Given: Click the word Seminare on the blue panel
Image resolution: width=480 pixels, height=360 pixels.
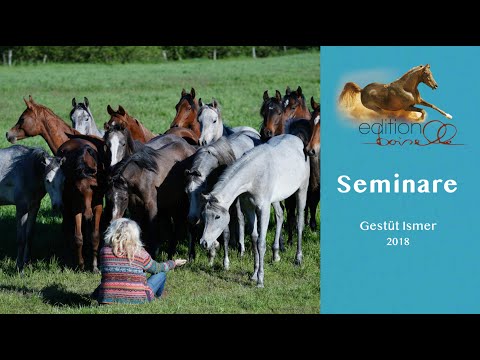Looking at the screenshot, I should pyautogui.click(x=397, y=184).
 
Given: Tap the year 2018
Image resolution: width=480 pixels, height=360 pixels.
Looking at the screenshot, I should pyautogui.click(x=398, y=241).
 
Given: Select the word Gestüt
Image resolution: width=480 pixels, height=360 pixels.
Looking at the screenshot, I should pyautogui.click(x=379, y=226).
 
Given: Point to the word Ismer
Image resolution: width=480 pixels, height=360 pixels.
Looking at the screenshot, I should pyautogui.click(x=419, y=226).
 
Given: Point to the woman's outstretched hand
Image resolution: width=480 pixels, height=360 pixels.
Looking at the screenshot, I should pyautogui.click(x=179, y=263).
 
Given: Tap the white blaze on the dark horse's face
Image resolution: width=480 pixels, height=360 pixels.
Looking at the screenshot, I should pyautogui.click(x=117, y=147).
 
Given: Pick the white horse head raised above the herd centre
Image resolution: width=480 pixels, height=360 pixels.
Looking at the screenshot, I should pyautogui.click(x=210, y=123).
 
